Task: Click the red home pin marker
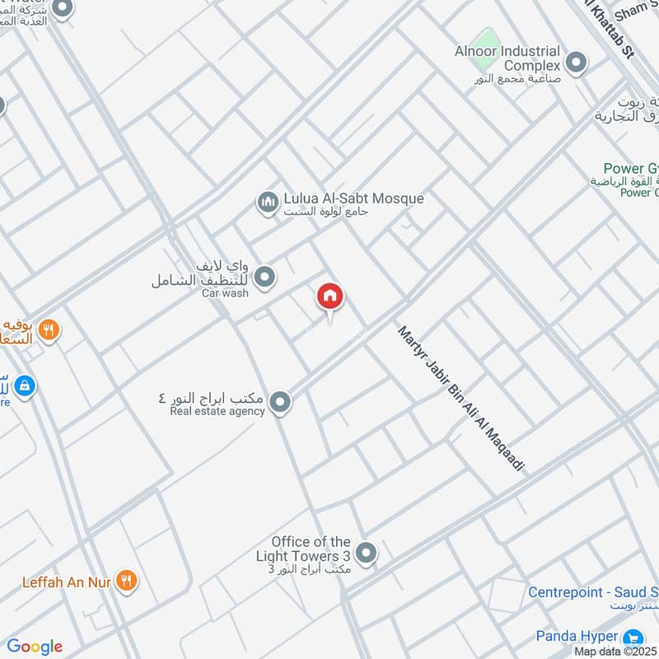pos(329,297)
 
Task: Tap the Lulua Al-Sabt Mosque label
pos(353,199)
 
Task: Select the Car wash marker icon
pos(264,278)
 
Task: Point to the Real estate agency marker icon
pos(281,402)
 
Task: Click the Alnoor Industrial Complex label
pos(507,58)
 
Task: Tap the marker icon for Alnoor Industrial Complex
pos(577,63)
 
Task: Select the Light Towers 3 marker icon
pos(367,553)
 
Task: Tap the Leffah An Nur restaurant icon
pos(126,582)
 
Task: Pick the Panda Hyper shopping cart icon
pos(633,637)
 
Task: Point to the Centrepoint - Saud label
pos(593,592)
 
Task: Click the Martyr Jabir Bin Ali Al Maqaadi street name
pos(461,399)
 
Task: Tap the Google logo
pos(35,647)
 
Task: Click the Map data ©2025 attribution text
pos(615,651)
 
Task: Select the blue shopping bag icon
pos(25,385)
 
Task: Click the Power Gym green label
pos(631,169)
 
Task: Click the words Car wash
pos(225,293)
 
